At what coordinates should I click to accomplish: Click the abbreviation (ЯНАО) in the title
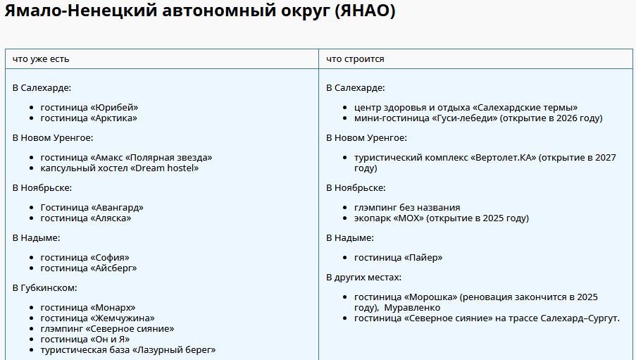[366, 11]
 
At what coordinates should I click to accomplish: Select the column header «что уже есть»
[41, 59]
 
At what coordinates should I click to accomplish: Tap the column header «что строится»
[355, 59]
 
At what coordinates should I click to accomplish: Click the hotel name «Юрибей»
[114, 108]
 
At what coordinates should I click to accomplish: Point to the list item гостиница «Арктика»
[89, 118]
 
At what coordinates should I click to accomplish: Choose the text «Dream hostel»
[165, 168]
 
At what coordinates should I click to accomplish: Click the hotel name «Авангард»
[117, 207]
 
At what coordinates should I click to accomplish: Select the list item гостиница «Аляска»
[86, 218]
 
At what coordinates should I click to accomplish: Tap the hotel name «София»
[109, 257]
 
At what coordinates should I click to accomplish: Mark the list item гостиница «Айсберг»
[89, 268]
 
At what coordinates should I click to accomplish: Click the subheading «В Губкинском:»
[44, 287]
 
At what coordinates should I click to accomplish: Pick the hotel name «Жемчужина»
[122, 318]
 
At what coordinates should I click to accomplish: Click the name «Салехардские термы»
[525, 108]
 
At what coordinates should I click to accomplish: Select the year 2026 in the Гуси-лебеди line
[568, 118]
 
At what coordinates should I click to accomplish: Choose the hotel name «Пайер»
[423, 257]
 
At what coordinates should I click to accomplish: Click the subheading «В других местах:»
[364, 277]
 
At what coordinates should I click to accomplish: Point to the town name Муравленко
[412, 308]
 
